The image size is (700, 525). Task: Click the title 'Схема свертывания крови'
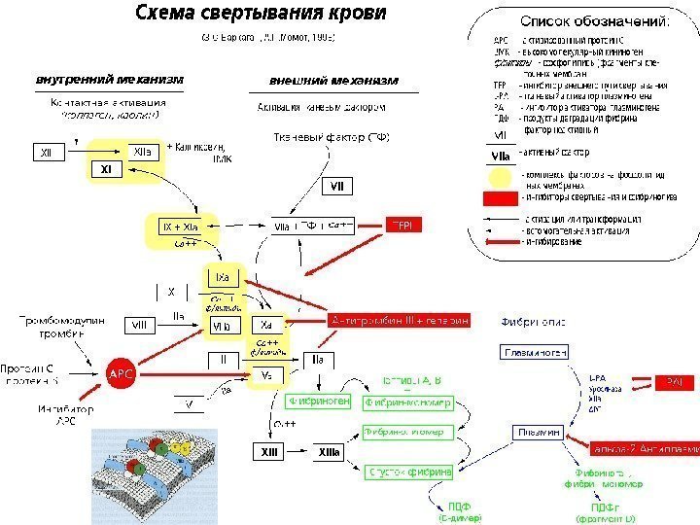coord(261,15)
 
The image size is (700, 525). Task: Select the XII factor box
coord(47,153)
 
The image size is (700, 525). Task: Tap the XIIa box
coord(141,152)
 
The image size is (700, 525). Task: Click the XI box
coord(108,170)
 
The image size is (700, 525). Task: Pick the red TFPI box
coord(405,225)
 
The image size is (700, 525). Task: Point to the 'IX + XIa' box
coord(181,227)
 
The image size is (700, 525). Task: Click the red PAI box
coord(675,382)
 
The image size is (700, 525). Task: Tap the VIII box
coord(140,324)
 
